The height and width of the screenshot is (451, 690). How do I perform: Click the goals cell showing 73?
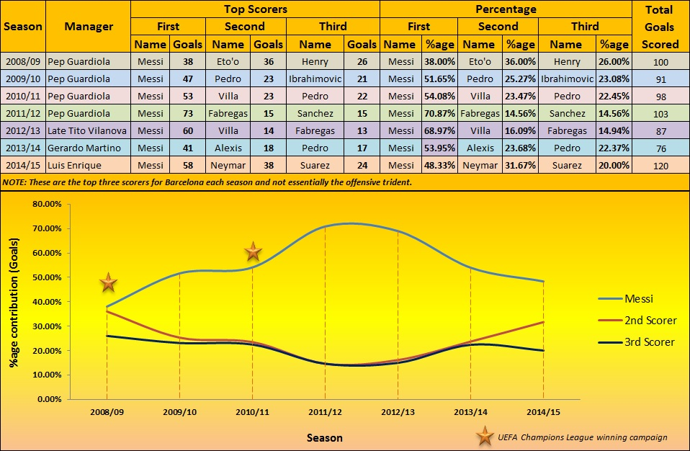[x=188, y=113]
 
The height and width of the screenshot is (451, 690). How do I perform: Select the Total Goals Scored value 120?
[x=660, y=165]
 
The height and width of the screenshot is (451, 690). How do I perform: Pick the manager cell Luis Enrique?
[x=74, y=165]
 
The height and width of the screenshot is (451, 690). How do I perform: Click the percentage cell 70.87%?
[x=439, y=113]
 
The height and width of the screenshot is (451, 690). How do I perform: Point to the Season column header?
[x=22, y=27]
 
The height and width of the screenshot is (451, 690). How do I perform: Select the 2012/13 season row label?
[x=22, y=130]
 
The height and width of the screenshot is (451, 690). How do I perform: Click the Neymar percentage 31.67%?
[x=519, y=165]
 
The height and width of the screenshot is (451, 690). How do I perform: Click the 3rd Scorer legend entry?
[x=650, y=341]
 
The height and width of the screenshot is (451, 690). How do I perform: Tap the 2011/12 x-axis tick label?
[x=325, y=414]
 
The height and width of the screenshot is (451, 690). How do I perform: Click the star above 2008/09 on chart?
[x=107, y=282]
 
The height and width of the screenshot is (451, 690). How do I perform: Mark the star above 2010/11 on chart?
[x=253, y=251]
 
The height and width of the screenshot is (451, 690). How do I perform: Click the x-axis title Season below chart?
[x=324, y=437]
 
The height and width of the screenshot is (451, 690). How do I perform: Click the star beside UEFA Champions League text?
[x=487, y=436]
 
